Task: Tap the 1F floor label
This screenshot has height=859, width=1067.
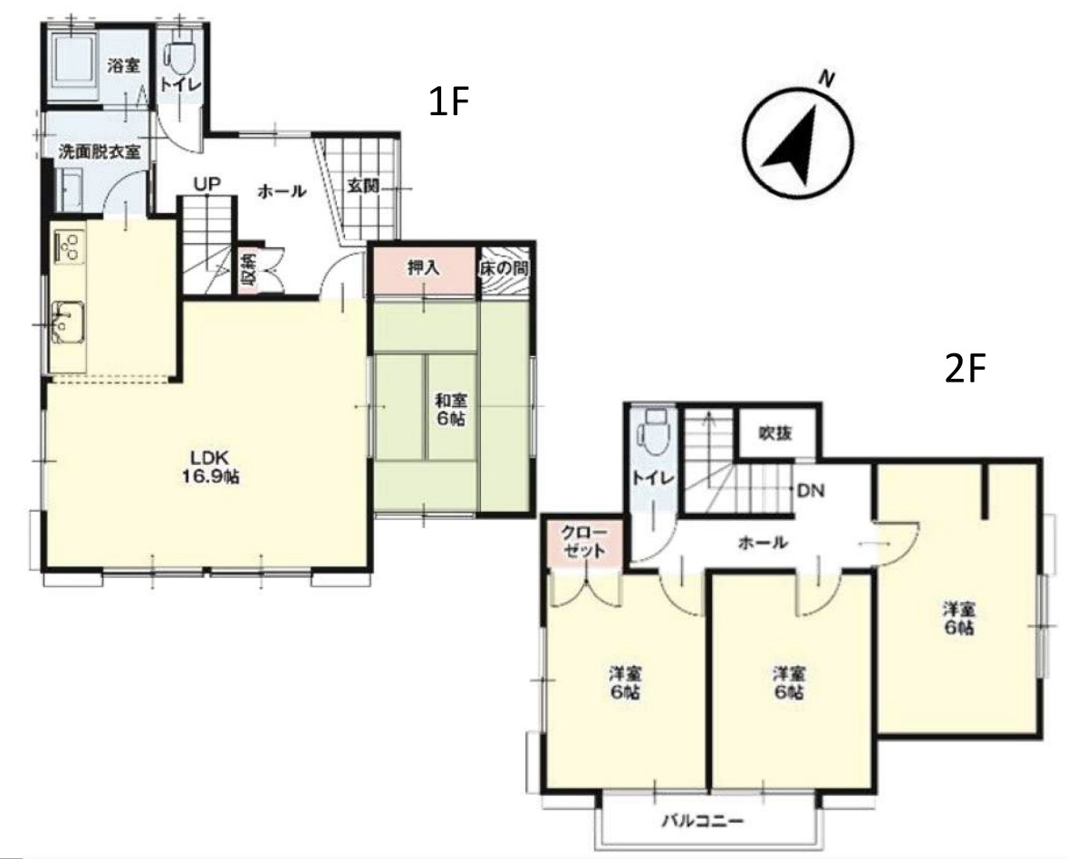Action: click(449, 102)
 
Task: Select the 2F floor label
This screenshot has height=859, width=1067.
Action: click(966, 369)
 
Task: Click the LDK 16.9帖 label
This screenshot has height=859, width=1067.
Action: click(210, 467)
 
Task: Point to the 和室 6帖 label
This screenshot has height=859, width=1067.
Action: click(451, 410)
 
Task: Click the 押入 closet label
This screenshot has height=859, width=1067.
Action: click(423, 267)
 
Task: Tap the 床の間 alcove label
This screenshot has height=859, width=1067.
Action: click(505, 268)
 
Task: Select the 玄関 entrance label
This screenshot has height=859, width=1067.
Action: click(363, 185)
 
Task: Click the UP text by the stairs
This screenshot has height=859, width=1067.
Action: click(207, 184)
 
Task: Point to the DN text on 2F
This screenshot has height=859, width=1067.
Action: click(811, 489)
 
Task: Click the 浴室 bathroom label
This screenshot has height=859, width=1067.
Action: click(124, 66)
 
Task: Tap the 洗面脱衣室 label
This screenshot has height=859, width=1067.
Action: click(100, 151)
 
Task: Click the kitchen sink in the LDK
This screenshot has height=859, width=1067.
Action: click(68, 322)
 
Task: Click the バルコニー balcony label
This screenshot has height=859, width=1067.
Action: click(703, 820)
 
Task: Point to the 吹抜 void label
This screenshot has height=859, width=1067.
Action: click(775, 432)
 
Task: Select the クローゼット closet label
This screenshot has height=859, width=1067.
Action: click(584, 542)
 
